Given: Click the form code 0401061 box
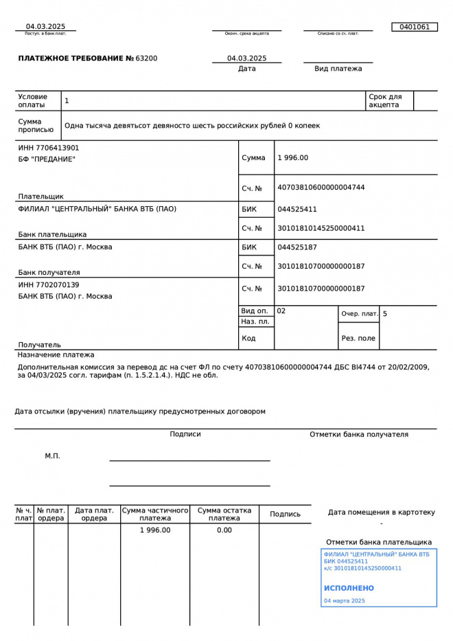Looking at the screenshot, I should pyautogui.click(x=414, y=27).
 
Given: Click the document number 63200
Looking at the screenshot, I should pyautogui.click(x=147, y=58).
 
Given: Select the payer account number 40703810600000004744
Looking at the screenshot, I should pyautogui.click(x=321, y=188).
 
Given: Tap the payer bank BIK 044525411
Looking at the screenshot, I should pyautogui.click(x=297, y=209).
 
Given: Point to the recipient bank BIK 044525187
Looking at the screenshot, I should pyautogui.click(x=297, y=247).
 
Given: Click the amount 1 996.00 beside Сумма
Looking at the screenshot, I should pyautogui.click(x=293, y=158).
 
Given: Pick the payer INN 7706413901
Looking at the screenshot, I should pyautogui.click(x=49, y=148).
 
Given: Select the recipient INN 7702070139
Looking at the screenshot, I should pyautogui.click(x=49, y=284).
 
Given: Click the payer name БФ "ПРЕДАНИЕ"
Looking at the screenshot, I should pyautogui.click(x=47, y=159).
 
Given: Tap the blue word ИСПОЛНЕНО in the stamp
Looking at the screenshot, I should pyautogui.click(x=349, y=588).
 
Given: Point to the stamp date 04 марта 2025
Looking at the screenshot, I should pyautogui.click(x=344, y=600).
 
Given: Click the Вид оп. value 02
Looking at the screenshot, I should pyautogui.click(x=281, y=311).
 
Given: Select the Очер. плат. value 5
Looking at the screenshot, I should pyautogui.click(x=385, y=314).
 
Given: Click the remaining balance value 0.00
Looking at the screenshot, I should pyautogui.click(x=224, y=530).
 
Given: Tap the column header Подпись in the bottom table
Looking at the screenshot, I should pyautogui.click(x=285, y=514).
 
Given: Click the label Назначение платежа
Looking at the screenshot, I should pyautogui.click(x=56, y=355).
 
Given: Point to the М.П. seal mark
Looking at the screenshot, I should pyautogui.click(x=53, y=456).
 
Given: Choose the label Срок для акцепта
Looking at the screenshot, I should pyautogui.click(x=385, y=101).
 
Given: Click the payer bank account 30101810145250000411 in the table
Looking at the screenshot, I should pyautogui.click(x=321, y=228).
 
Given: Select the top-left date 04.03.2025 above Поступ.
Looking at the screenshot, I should pyautogui.click(x=46, y=27).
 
